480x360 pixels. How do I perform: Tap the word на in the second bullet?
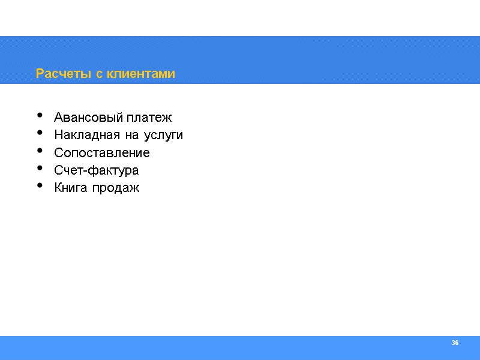[x=132, y=136]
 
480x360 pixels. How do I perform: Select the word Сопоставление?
[x=102, y=153]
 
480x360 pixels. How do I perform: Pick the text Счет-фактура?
[x=96, y=170]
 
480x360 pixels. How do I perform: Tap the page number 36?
[x=455, y=343]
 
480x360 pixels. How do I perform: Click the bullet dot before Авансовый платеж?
[x=40, y=115]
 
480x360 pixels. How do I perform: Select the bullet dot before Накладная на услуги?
[x=40, y=133]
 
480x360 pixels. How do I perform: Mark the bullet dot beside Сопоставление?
[x=40, y=150]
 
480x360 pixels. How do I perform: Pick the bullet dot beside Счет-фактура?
[x=40, y=168]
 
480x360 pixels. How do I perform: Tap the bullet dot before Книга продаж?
[x=40, y=185]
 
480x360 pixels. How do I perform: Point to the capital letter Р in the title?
[x=40, y=74]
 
